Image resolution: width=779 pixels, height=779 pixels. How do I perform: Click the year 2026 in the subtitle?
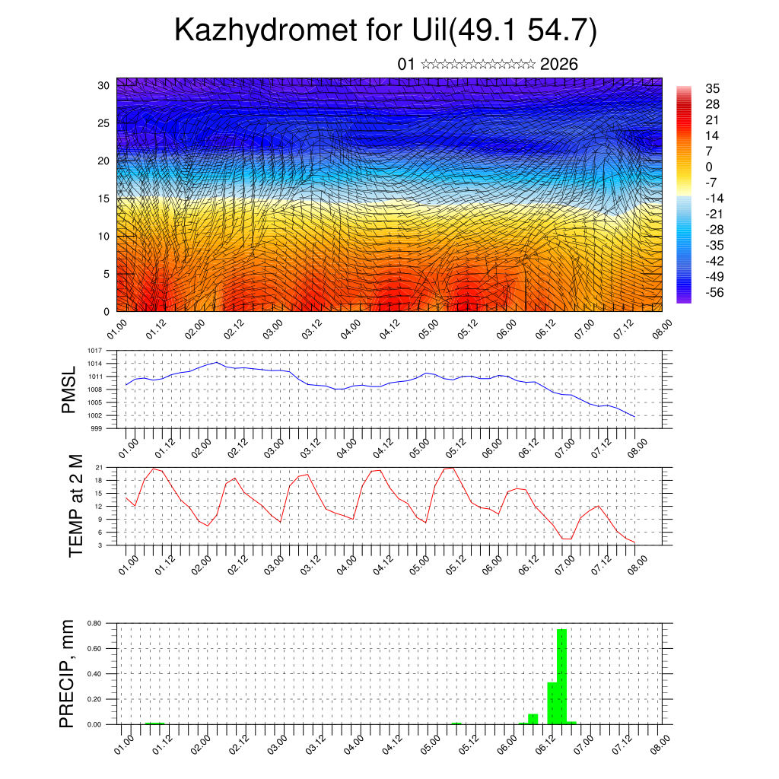tap(558, 64)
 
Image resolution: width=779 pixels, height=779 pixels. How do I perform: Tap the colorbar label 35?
tap(713, 88)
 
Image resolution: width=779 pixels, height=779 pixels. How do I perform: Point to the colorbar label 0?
tap(709, 167)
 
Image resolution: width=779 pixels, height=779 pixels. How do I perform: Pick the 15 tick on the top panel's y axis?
tap(104, 199)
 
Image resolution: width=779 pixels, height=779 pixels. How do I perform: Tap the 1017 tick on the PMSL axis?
tap(95, 351)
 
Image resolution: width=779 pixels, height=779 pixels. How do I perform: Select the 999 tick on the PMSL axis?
tap(97, 428)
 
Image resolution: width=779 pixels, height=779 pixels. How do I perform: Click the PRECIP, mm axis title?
tap(67, 673)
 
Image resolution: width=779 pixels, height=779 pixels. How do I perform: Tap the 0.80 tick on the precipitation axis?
tap(94, 623)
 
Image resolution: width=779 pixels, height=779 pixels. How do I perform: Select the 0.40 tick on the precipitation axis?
tap(94, 674)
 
